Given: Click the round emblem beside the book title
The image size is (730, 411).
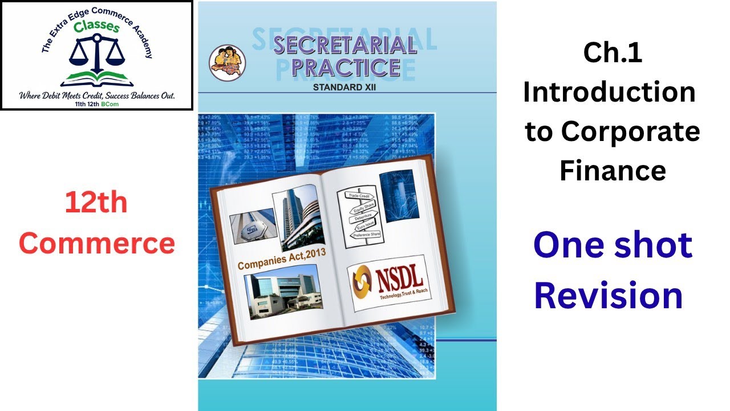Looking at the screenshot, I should coord(227,63).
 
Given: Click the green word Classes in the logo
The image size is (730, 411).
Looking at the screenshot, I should coord(99,27).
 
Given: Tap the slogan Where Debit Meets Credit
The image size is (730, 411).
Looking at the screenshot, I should coord(97,95).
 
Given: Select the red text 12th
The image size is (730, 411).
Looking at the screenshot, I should coord(96,203).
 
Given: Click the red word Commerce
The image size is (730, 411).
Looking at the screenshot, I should coord(97,244).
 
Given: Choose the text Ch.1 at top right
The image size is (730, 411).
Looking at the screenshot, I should coord(613,53).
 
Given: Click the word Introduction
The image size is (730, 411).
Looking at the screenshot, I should coord(609,92).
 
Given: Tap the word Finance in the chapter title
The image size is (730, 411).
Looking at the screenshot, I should coord(613,170).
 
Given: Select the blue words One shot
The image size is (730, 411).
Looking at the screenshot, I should coord(613,244).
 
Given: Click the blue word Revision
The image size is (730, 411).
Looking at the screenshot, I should coord(609,296).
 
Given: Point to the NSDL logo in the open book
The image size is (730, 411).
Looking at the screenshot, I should coord(387,282).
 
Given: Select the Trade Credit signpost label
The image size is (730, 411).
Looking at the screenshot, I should coord(358,195).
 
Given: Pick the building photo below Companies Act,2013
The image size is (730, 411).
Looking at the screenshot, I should coord(281,296).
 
